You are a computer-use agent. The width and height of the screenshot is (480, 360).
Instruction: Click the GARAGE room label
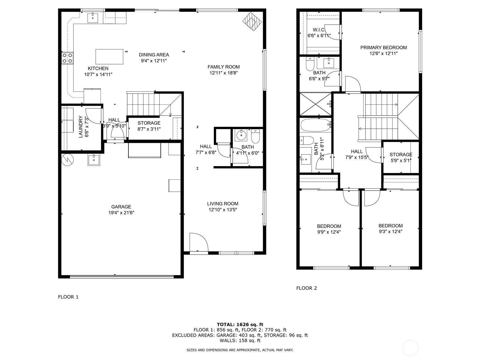(x=121, y=207)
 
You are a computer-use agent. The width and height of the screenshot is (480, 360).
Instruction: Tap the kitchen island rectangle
(x=109, y=57)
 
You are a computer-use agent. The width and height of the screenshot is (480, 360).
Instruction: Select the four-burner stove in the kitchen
(x=67, y=58)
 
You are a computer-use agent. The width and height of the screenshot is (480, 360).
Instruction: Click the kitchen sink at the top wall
(x=93, y=18)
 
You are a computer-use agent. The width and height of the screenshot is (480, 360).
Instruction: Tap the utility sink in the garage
(x=94, y=160)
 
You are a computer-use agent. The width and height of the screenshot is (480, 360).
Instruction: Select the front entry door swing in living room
(x=198, y=241)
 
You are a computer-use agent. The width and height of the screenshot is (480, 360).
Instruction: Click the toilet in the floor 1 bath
(x=255, y=137)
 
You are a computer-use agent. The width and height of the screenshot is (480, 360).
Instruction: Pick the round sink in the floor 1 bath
(x=241, y=136)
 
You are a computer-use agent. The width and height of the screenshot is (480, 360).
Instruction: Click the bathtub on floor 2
(x=315, y=125)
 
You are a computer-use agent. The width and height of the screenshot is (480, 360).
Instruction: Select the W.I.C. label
(x=319, y=30)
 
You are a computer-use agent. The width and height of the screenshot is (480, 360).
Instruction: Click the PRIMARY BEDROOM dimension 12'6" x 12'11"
(x=383, y=54)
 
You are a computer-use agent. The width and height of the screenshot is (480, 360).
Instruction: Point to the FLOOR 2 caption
(x=306, y=288)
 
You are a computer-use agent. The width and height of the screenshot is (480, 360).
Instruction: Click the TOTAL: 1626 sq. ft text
(x=240, y=324)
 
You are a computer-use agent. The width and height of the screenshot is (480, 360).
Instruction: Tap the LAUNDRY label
(x=81, y=127)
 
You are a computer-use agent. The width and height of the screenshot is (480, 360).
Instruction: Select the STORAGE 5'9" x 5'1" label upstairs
(x=401, y=157)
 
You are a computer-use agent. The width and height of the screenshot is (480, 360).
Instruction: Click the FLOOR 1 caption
(x=68, y=297)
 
